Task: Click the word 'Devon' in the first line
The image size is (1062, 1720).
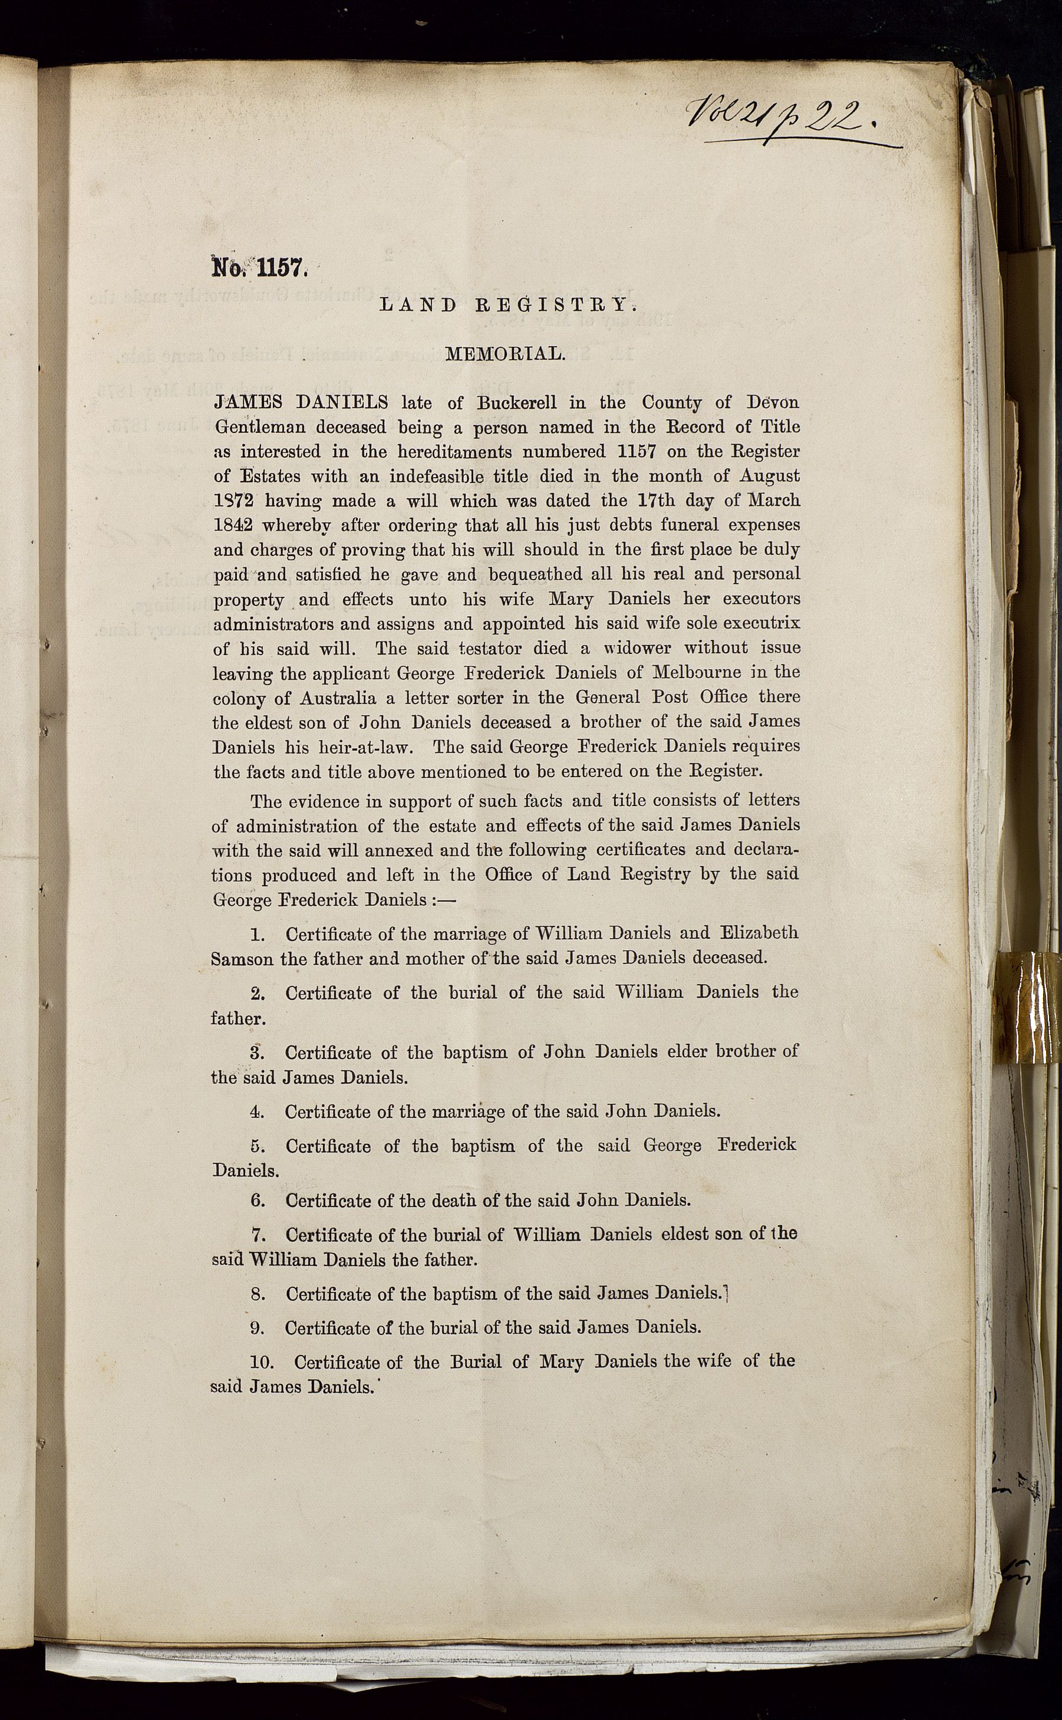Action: [x=771, y=403]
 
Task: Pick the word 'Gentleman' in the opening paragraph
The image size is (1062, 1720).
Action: [x=259, y=427]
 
